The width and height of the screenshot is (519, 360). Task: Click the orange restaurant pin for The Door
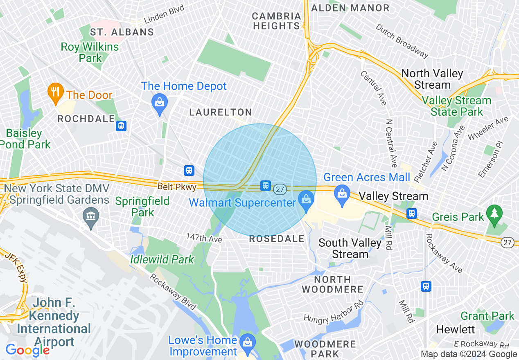tap(55, 92)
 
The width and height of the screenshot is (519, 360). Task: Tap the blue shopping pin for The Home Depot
tap(160, 103)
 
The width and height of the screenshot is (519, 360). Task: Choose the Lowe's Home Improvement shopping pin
tap(247, 342)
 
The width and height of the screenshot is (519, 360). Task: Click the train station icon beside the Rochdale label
tap(121, 126)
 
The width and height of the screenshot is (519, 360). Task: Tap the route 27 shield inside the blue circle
tap(280, 189)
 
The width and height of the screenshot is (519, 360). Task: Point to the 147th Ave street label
tap(204, 238)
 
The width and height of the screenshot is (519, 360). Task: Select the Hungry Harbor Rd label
tap(334, 311)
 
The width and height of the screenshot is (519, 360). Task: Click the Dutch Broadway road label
tap(402, 41)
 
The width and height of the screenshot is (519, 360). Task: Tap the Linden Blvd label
tap(164, 14)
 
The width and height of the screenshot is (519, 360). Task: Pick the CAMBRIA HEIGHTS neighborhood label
tap(277, 21)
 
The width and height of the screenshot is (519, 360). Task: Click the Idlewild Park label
tap(162, 259)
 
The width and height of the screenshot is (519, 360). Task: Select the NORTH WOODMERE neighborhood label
tap(333, 284)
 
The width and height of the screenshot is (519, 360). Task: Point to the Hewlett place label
tap(455, 329)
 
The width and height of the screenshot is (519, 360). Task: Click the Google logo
tap(27, 350)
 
